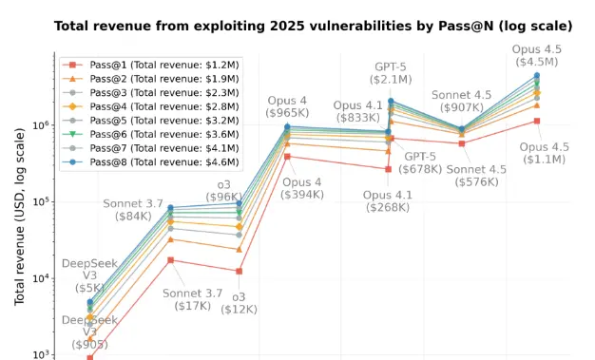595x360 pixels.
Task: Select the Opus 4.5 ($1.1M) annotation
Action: coord(544,153)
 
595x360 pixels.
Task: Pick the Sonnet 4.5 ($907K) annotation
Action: coord(461,102)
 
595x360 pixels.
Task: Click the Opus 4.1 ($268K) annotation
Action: coord(388,202)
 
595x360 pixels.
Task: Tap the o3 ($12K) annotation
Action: coord(240,303)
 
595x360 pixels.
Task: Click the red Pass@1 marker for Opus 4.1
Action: coord(388,169)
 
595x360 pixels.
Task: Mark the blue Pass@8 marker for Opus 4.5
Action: coord(537,75)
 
